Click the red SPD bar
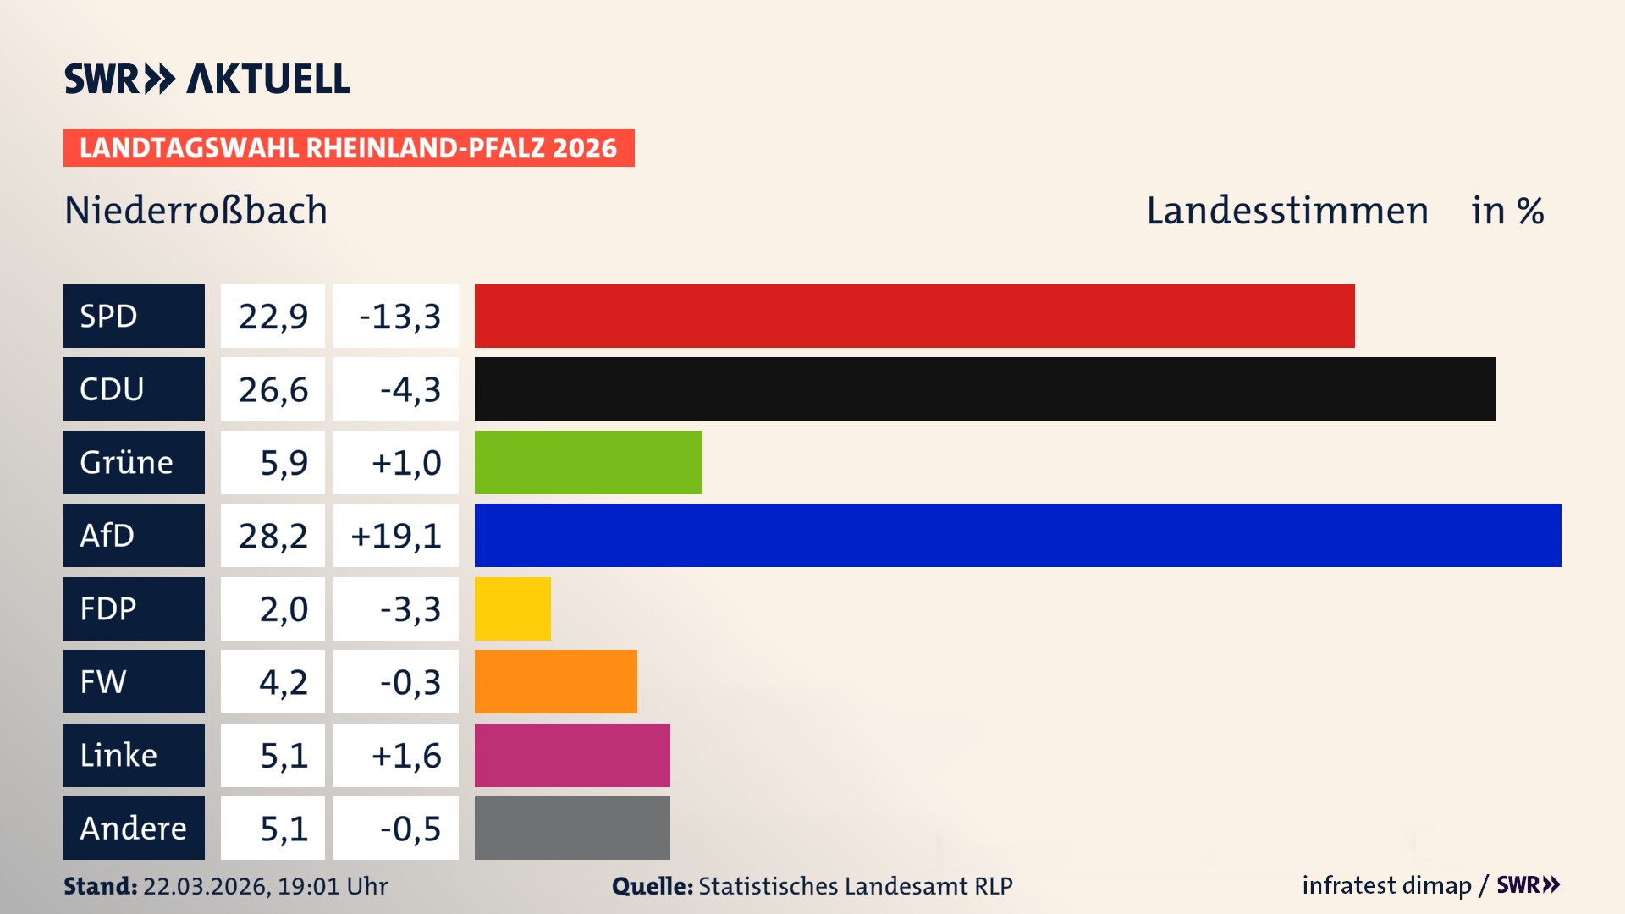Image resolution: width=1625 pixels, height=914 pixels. [x=914, y=316]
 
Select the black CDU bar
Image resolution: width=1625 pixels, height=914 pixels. [x=985, y=389]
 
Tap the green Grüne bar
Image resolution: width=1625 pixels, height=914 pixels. [x=588, y=462]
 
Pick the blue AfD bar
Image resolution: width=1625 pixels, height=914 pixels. [x=1017, y=536]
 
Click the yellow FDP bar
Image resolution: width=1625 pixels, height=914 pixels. [x=512, y=608]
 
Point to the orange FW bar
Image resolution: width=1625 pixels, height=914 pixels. [x=555, y=682]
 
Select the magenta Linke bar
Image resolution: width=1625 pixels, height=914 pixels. [x=572, y=755]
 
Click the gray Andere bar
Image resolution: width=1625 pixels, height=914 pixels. [x=572, y=828]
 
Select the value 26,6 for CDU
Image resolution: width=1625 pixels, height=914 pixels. [x=273, y=389]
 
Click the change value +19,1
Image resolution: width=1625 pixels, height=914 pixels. [x=396, y=536]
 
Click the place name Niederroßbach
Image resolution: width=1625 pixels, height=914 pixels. [x=196, y=210]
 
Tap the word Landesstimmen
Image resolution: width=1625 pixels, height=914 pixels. [x=1286, y=210]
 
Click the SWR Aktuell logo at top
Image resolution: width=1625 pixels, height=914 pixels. [x=207, y=79]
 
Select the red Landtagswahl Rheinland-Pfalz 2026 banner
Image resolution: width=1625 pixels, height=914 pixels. [x=349, y=147]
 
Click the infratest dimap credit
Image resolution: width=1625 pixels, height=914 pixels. [x=1386, y=885]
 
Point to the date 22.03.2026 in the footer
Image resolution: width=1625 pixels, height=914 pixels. [x=206, y=886]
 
